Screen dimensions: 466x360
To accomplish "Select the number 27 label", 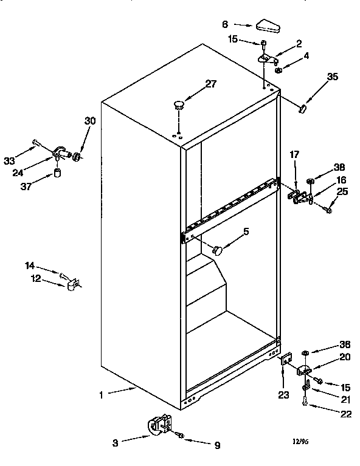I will click(210, 84).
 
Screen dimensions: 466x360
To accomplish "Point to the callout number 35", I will click(332, 77).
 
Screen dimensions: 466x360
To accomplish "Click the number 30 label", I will click(90, 121).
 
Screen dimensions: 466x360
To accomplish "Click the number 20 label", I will click(345, 357).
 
